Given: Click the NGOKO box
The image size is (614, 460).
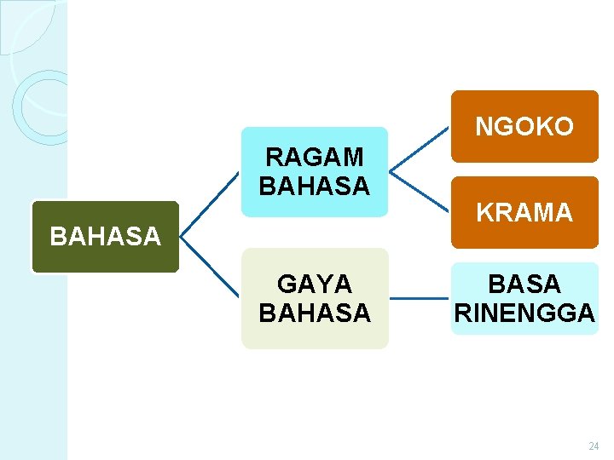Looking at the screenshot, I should click(524, 126).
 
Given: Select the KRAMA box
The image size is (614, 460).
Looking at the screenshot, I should click(524, 212).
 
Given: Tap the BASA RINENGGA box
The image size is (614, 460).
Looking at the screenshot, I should click(524, 298).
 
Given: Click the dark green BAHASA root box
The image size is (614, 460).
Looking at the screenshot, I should click(105, 237).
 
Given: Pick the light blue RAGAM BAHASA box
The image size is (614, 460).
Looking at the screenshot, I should click(314, 171).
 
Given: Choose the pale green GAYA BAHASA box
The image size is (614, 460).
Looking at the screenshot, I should click(314, 298).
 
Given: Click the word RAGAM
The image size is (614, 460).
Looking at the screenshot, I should click(315, 158).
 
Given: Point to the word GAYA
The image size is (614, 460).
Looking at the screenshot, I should click(315, 285).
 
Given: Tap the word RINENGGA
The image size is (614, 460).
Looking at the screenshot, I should click(524, 313).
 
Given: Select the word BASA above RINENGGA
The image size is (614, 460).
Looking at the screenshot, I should click(524, 284).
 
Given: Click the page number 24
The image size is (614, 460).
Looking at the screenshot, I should click(594, 446).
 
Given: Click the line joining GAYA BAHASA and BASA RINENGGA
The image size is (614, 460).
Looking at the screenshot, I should click(420, 299).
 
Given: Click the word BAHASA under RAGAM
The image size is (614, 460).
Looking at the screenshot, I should click(315, 185).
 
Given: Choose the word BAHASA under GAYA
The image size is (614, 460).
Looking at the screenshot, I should click(315, 313).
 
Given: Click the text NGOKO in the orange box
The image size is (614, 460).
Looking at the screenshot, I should click(524, 127).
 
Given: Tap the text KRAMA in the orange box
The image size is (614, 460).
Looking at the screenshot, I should click(524, 212).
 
